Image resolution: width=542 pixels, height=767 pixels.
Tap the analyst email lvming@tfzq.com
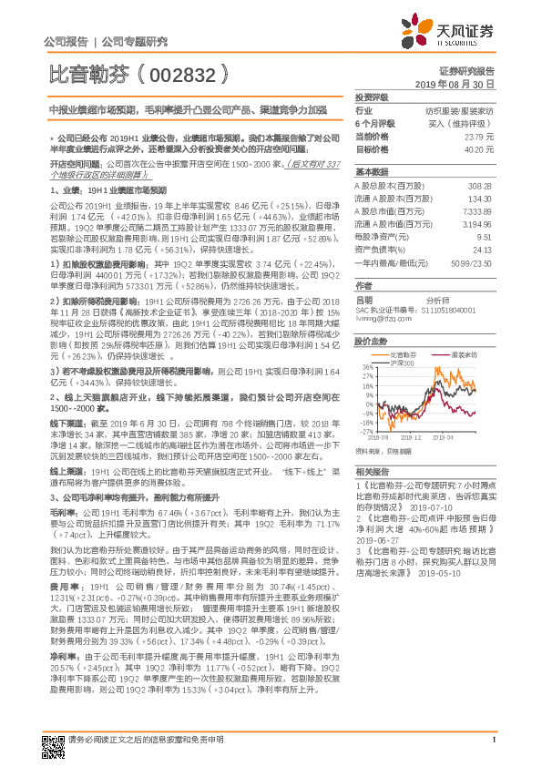383,319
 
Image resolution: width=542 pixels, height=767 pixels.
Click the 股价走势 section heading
370,341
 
